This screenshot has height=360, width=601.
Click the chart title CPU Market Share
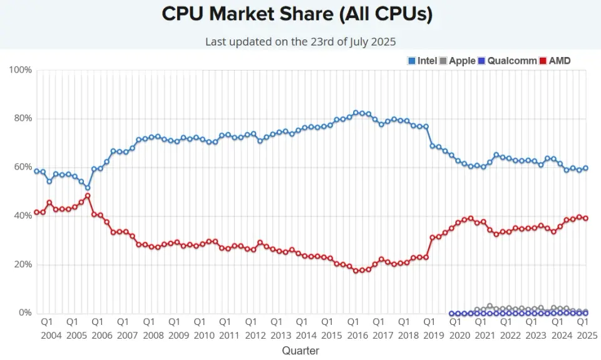297,14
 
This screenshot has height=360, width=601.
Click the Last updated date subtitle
300,41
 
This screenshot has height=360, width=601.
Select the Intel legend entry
422,61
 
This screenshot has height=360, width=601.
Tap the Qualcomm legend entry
507,61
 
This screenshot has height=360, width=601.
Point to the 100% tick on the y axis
21,69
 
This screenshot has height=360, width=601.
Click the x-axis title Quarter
300,351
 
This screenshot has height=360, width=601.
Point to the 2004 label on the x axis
51,335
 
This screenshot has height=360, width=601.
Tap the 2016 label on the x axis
357,335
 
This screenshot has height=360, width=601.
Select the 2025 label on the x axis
586,335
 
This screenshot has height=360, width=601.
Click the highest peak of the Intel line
356,113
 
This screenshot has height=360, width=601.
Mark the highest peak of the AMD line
88,195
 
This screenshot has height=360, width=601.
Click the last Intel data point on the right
585,168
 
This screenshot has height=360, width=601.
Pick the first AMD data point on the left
36,212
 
